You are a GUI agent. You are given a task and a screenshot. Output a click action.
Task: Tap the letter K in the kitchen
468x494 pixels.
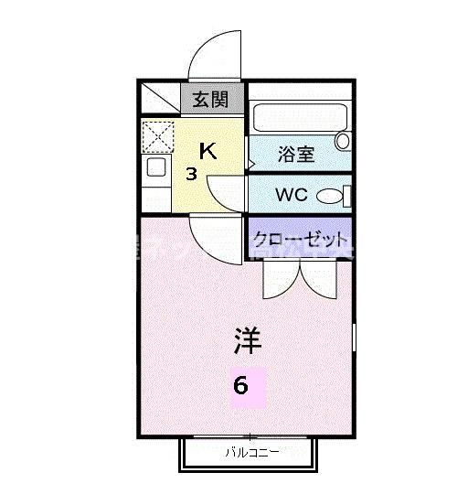pyautogui.click(x=208, y=151)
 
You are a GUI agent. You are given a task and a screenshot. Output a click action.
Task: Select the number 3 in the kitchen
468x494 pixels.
pyautogui.click(x=192, y=174)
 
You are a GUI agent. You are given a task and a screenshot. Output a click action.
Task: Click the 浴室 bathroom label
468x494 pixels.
pyautogui.click(x=295, y=154)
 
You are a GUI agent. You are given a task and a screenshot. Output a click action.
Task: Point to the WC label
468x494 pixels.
pyautogui.click(x=292, y=195)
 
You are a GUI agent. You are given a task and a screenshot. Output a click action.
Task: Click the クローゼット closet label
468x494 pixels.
pyautogui.click(x=300, y=238)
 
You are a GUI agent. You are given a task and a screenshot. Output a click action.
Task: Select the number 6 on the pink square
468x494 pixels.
pyautogui.click(x=240, y=385)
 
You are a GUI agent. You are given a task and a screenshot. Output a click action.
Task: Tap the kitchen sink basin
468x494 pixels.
pyautogui.click(x=155, y=167)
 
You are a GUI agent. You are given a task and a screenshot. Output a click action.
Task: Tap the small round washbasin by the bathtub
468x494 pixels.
pyautogui.click(x=343, y=141)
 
